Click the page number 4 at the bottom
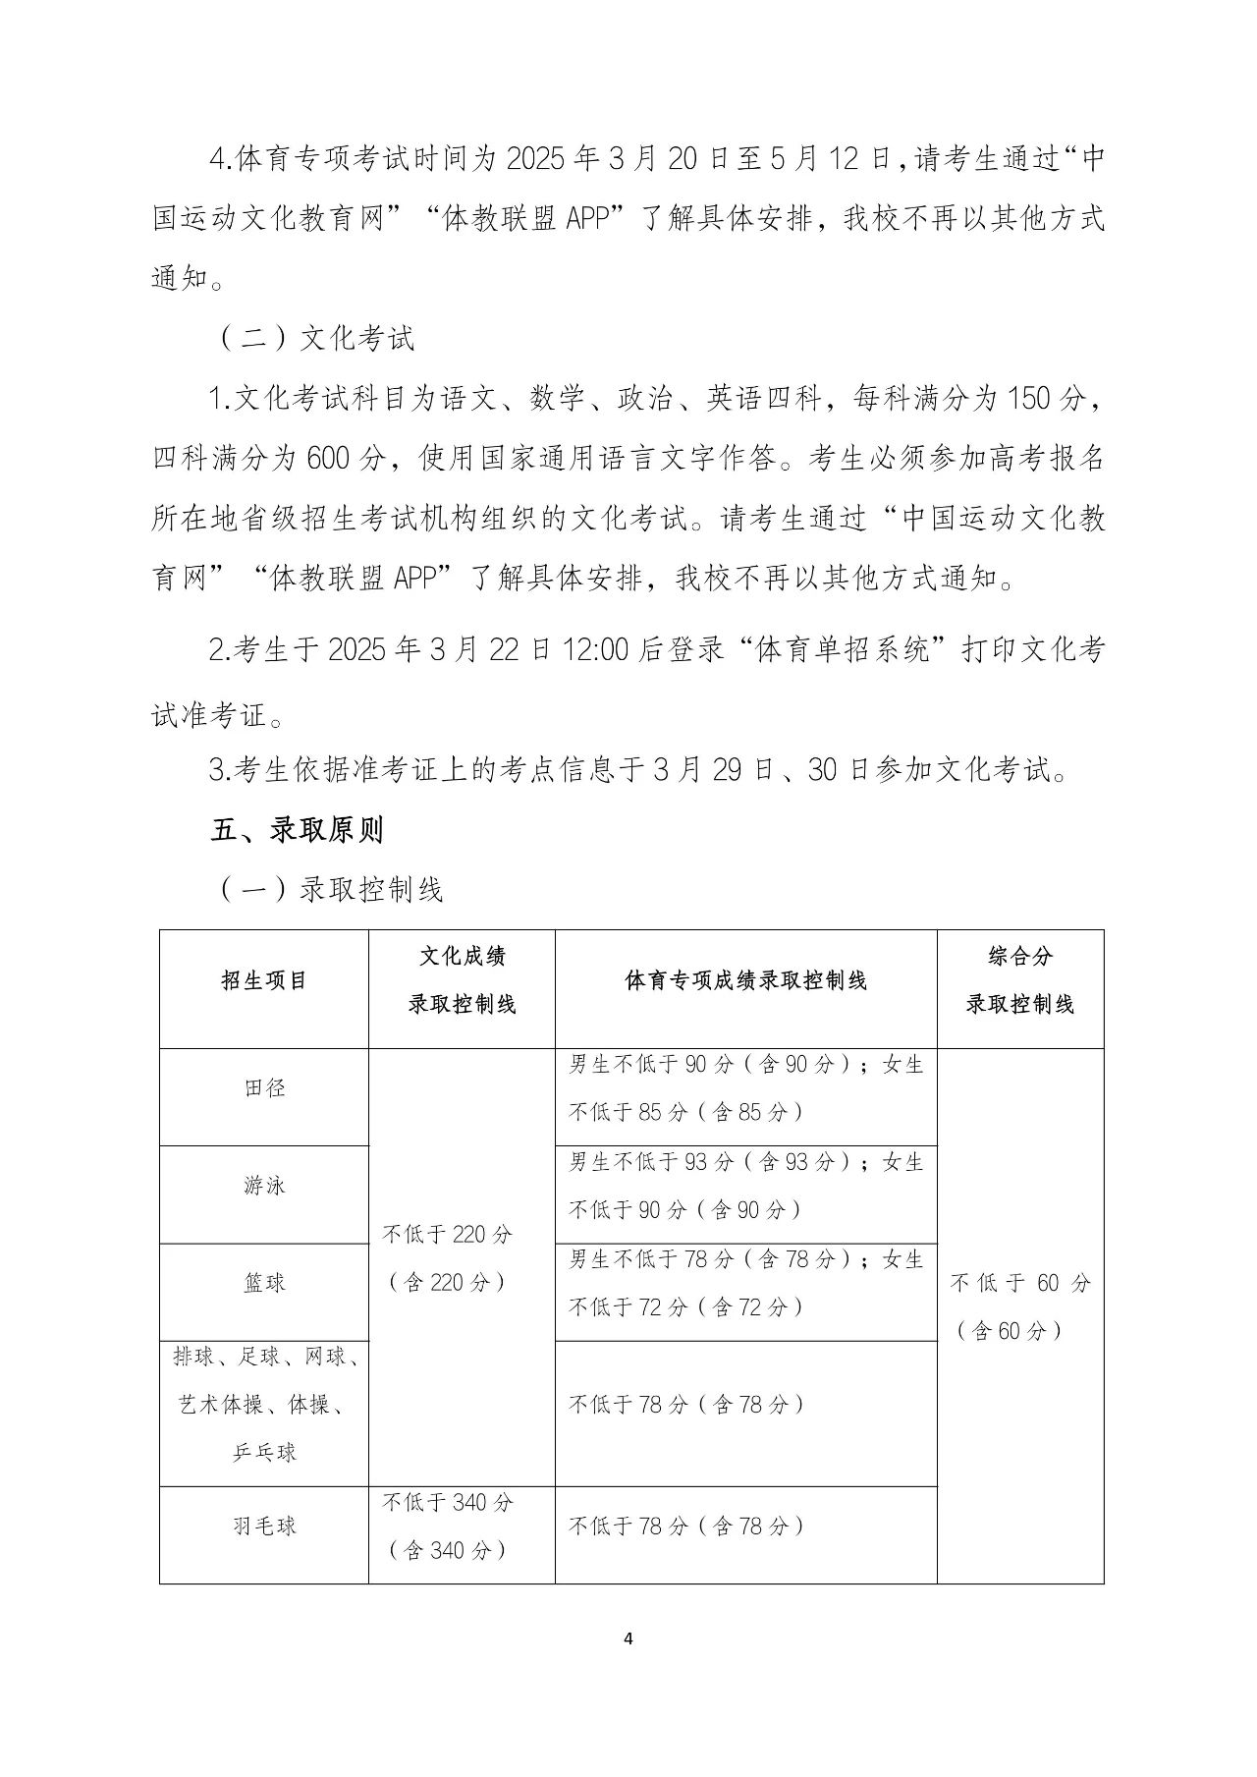[628, 1638]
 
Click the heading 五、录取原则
[297, 830]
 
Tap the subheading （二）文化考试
[314, 338]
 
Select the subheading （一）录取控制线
[329, 889]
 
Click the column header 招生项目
[264, 980]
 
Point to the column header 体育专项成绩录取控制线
[745, 980]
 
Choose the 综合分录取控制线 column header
[1019, 979]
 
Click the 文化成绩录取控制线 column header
[462, 979]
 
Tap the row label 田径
[264, 1088]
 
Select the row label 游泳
[264, 1186]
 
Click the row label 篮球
[264, 1283]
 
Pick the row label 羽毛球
[264, 1526]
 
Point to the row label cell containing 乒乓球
[264, 1405]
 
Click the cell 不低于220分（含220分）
[448, 1258]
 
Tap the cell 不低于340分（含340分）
[448, 1526]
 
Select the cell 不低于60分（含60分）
[1019, 1306]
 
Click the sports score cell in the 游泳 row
[745, 1186]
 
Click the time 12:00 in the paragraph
[595, 649]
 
